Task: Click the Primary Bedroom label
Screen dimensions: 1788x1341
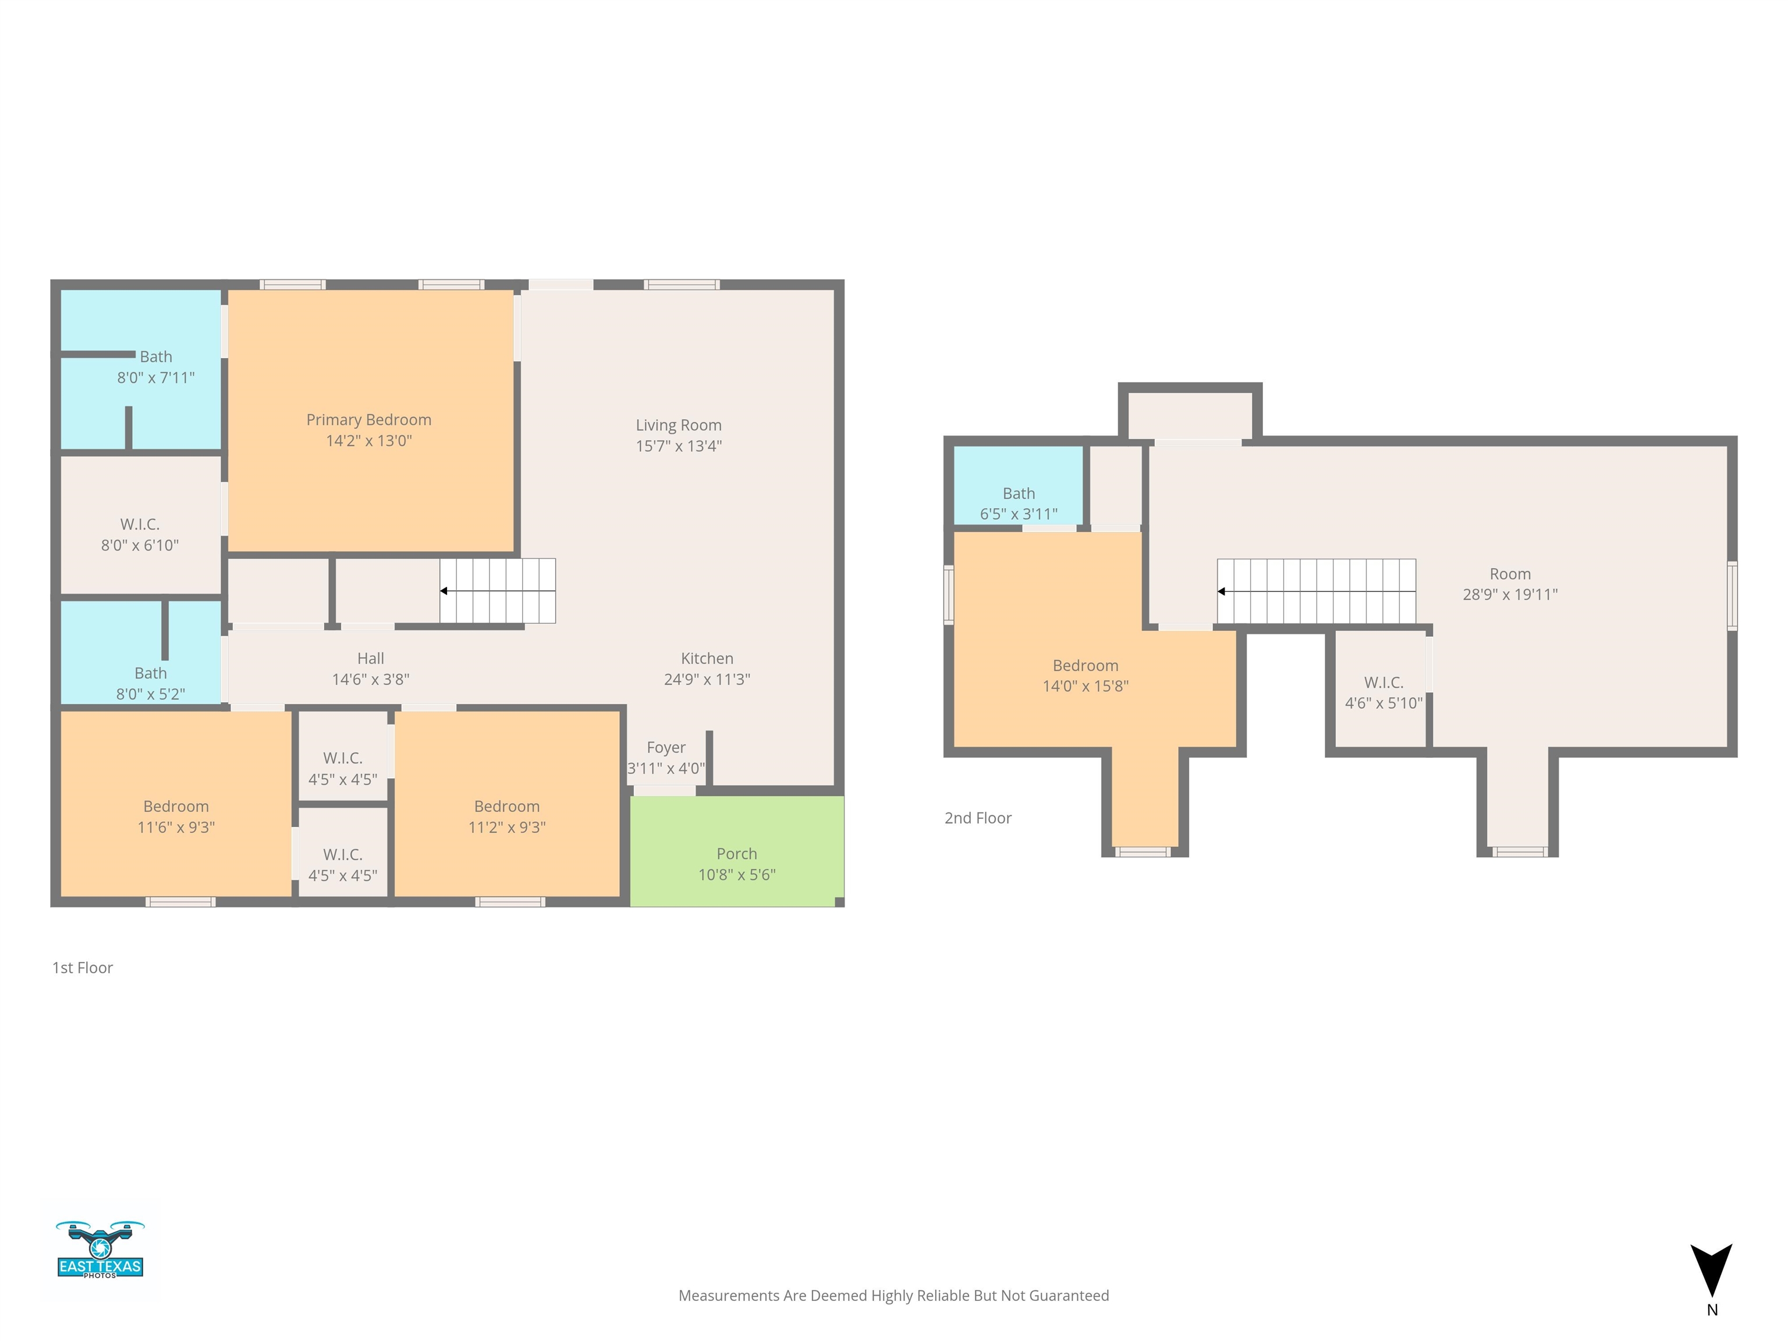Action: [x=368, y=420]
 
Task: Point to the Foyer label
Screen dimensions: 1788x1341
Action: [x=666, y=748]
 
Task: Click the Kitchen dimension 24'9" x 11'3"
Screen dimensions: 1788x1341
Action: [x=707, y=679]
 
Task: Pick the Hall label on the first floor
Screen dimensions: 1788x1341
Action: [x=370, y=658]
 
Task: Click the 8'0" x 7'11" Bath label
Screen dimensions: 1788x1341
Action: [x=156, y=356]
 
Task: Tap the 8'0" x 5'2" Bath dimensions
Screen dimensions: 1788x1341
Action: [x=150, y=694]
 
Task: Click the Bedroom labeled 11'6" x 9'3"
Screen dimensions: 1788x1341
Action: [x=176, y=807]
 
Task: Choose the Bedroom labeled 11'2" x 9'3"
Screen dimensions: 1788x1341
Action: [x=507, y=807]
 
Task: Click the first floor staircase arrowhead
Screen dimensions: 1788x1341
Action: [x=444, y=591]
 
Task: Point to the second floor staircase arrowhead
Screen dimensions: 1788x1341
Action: [x=1221, y=592]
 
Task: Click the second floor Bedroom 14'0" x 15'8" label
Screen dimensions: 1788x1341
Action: [x=1085, y=665]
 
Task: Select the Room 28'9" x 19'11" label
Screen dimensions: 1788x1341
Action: [x=1510, y=574]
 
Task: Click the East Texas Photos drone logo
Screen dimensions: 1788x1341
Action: [x=100, y=1250]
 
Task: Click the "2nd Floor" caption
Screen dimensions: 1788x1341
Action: [x=978, y=818]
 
